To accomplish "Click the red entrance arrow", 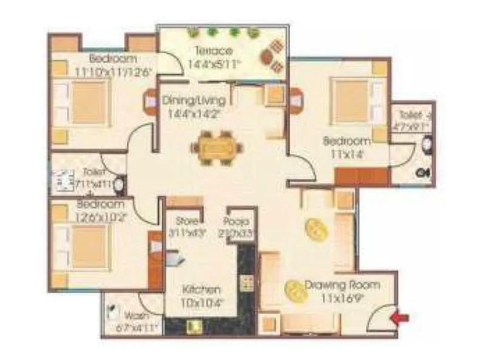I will click(401, 316).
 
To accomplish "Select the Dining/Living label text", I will click(194, 100).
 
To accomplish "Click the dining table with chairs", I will click(215, 147).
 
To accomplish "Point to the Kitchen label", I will click(201, 289).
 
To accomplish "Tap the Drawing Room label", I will click(342, 284).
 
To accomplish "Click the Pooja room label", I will click(233, 221).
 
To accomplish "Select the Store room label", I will click(187, 221).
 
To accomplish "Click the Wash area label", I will click(136, 317).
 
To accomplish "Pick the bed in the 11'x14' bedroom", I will click(352, 100).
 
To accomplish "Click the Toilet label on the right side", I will click(411, 115).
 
